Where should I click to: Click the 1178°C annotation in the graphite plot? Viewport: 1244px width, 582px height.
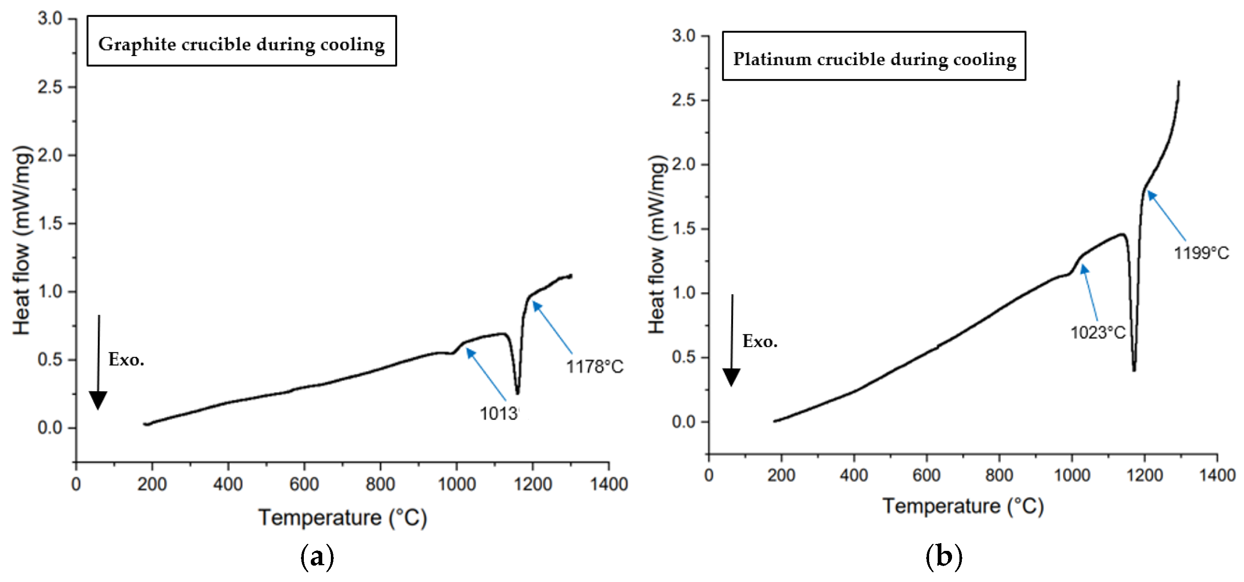pyautogui.click(x=595, y=367)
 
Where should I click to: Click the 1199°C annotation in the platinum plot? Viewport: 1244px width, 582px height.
pyautogui.click(x=1201, y=253)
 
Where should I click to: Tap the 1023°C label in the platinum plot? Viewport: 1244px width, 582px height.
pyautogui.click(x=1098, y=332)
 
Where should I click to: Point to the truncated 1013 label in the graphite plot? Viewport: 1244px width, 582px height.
pyautogui.click(x=499, y=413)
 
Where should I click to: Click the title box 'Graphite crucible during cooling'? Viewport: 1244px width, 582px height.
pyautogui.click(x=242, y=41)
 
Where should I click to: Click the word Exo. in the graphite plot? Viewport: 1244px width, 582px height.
pyautogui.click(x=126, y=359)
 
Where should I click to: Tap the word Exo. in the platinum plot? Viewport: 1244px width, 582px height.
pyautogui.click(x=760, y=342)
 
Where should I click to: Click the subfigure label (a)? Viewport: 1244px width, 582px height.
pyautogui.click(x=317, y=557)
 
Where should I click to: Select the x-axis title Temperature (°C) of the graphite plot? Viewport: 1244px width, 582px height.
pyautogui.click(x=342, y=518)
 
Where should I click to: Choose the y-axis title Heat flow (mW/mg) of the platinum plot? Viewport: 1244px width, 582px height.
pyautogui.click(x=657, y=245)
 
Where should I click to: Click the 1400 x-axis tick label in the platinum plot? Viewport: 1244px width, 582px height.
pyautogui.click(x=1217, y=475)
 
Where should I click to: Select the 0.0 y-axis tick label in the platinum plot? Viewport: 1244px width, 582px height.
pyautogui.click(x=683, y=422)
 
